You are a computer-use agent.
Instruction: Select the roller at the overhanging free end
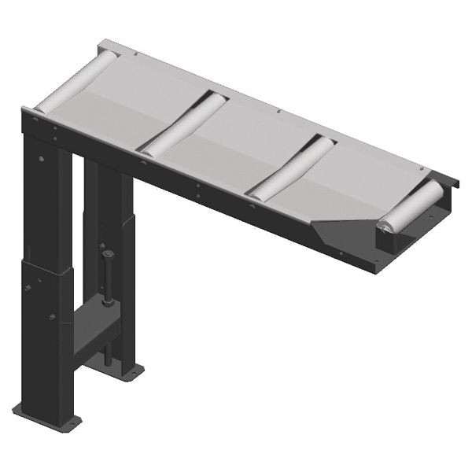pyautogui.click(x=411, y=207)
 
